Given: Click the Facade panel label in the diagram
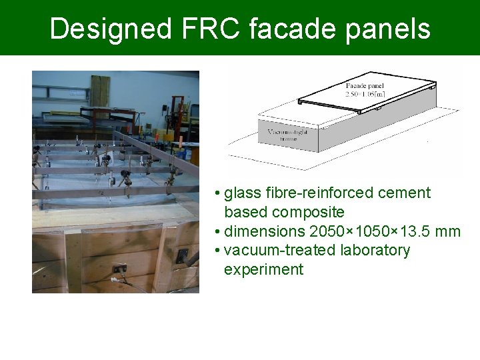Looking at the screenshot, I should tap(365, 86).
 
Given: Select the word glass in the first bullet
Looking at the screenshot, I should tap(242, 193).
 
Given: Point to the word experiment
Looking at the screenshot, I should tap(263, 270).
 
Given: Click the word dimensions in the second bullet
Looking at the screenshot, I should tap(265, 232).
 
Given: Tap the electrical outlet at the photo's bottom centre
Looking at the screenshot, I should tap(119, 269).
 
